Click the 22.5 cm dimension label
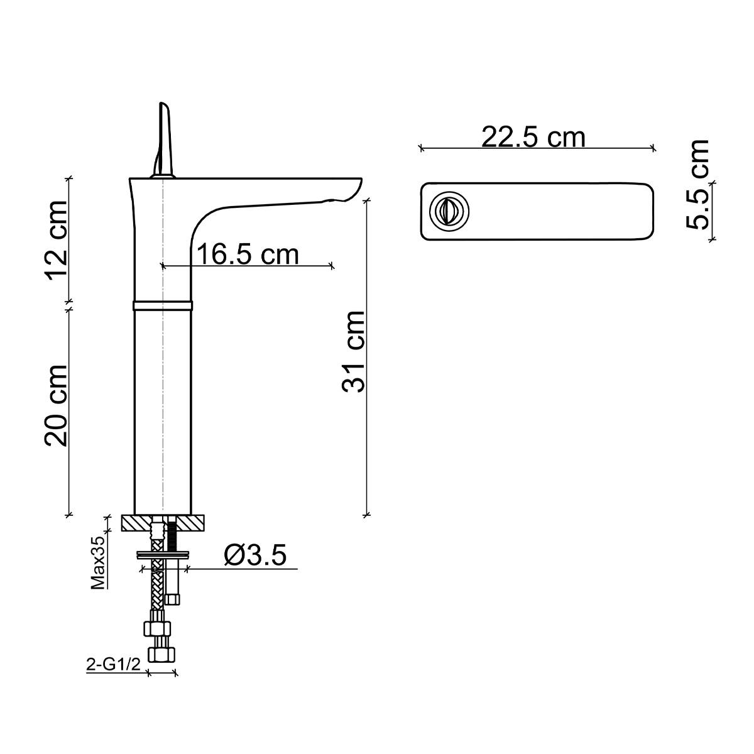tap(533, 136)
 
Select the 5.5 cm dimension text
tap(697, 184)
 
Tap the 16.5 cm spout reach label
tap(248, 254)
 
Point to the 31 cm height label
tap(354, 351)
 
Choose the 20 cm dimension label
tap(57, 405)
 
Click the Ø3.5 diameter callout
tap(255, 555)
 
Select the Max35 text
tap(98, 567)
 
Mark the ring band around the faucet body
tap(162, 306)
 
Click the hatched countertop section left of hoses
tap(135, 523)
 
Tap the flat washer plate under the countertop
tap(163, 554)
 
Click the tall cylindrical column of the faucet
tap(162, 408)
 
